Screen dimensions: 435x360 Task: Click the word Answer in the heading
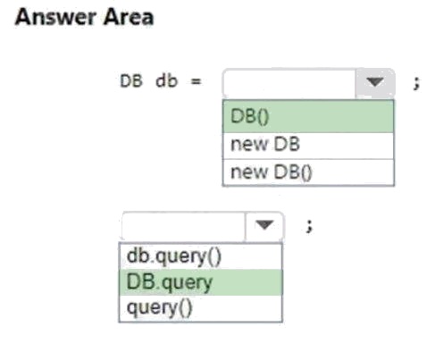55,17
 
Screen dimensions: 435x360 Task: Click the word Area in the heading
129,17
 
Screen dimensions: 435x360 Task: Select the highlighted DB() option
308,116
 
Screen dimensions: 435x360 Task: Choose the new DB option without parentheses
308,145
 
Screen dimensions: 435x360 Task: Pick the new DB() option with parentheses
308,172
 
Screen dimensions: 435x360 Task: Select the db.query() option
200,256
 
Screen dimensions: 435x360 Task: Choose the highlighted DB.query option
200,282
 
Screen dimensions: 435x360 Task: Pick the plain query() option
200,308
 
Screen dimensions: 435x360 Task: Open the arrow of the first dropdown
375,82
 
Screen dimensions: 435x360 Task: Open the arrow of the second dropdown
264,225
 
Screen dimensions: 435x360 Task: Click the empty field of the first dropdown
289,82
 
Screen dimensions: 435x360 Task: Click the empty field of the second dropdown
184,226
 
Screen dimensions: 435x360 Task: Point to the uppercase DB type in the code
131,81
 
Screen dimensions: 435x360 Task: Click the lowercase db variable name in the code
167,81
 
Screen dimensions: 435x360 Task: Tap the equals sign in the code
196,81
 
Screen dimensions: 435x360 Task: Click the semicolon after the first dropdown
417,83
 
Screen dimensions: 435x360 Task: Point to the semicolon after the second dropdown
310,226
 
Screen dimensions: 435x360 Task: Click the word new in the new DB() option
249,172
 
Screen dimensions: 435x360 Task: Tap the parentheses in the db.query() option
215,257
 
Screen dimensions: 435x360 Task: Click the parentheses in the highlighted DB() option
263,117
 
